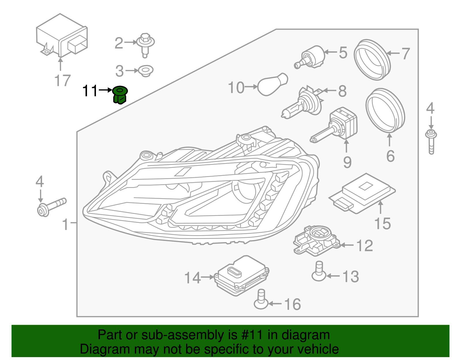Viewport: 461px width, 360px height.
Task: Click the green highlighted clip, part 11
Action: [x=120, y=95]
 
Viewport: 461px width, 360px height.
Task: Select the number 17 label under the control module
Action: [x=62, y=80]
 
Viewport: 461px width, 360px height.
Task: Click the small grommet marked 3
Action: [x=146, y=71]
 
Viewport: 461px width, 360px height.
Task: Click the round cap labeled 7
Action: [x=372, y=60]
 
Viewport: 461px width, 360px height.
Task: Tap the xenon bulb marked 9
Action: [x=337, y=126]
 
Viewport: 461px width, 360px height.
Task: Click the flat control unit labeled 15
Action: [x=362, y=193]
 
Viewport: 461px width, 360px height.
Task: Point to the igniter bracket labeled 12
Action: [x=315, y=240]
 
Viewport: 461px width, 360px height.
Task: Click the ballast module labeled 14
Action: [x=241, y=275]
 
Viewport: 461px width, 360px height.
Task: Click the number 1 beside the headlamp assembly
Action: [x=66, y=224]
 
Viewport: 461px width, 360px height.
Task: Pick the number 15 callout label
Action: [x=382, y=224]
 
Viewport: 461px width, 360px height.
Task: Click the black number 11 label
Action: [x=90, y=91]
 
